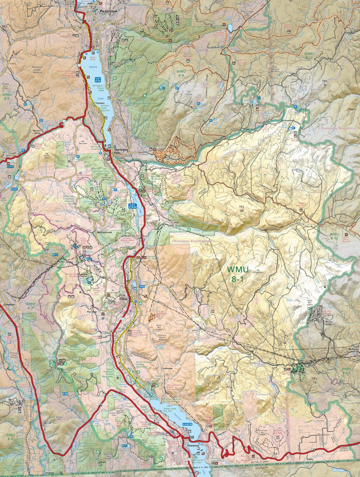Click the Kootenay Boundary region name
click(337, 128)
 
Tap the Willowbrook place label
click(105, 232)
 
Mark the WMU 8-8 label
click(7, 96)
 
